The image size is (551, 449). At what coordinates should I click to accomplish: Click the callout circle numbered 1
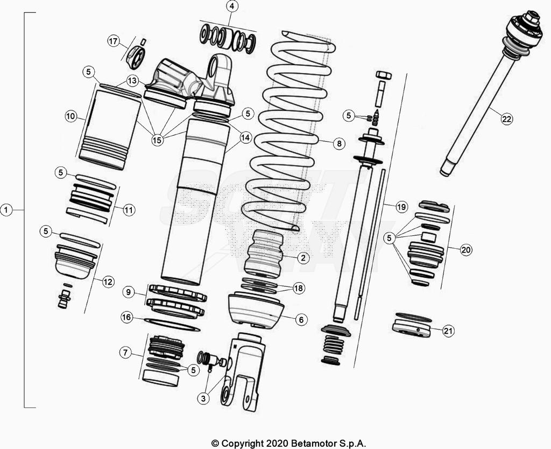(x=6, y=209)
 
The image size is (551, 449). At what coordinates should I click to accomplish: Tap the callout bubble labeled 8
(x=338, y=143)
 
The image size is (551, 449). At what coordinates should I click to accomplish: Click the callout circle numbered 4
(x=231, y=6)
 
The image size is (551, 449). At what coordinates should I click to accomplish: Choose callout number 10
(x=70, y=116)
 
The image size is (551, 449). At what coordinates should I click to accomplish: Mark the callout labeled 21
(x=448, y=331)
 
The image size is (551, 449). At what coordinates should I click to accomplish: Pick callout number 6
(x=301, y=319)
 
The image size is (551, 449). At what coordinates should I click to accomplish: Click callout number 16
(x=127, y=318)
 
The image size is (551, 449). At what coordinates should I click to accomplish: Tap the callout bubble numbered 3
(x=202, y=398)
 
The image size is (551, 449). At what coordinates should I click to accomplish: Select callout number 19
(x=401, y=207)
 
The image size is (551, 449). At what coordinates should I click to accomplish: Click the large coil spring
(x=285, y=135)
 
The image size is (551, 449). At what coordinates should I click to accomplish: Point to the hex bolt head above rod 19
(x=384, y=75)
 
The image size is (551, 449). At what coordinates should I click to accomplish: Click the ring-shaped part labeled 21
(x=412, y=327)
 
